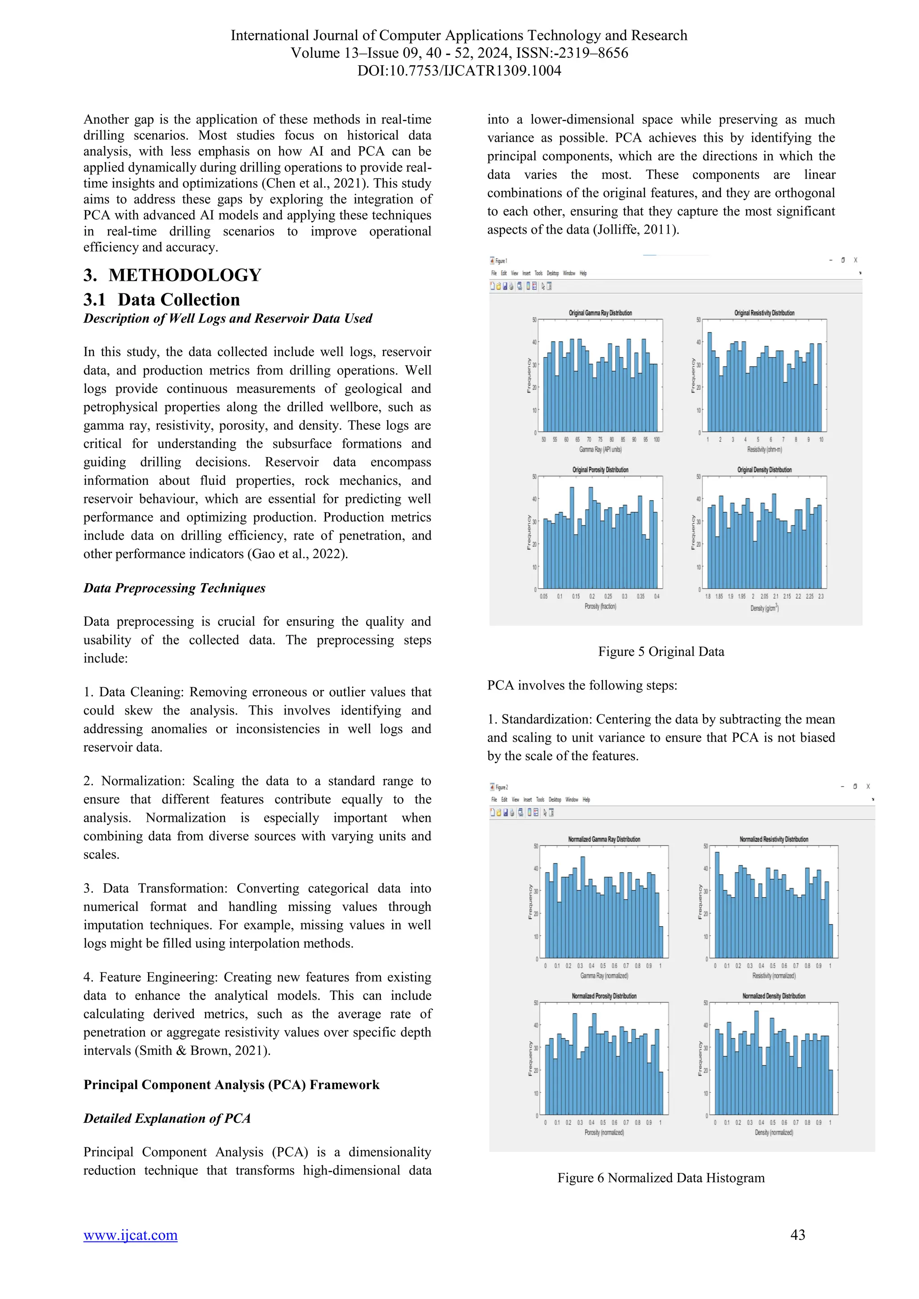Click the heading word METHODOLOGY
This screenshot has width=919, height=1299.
pyautogui.click(x=184, y=275)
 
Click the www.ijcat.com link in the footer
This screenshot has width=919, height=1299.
pyautogui.click(x=130, y=1234)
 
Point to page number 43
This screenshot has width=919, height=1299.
pyautogui.click(x=797, y=1234)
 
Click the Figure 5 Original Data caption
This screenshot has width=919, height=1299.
pyautogui.click(x=661, y=651)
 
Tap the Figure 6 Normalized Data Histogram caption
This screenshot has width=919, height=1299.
pyautogui.click(x=661, y=1177)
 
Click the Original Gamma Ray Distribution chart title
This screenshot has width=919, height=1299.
pyautogui.click(x=600, y=313)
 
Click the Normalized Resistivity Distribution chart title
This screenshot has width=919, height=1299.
pyautogui.click(x=774, y=839)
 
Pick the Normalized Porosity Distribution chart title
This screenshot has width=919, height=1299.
pyautogui.click(x=604, y=996)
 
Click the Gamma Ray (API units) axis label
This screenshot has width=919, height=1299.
pyautogui.click(x=600, y=449)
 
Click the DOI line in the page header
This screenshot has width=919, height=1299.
pyautogui.click(x=459, y=71)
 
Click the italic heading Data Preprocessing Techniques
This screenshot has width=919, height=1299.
pyautogui.click(x=174, y=588)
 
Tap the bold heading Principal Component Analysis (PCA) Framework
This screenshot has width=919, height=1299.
pyautogui.click(x=232, y=1085)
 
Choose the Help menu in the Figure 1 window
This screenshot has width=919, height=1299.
pyautogui.click(x=583, y=273)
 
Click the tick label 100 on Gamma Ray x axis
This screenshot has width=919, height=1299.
pyautogui.click(x=656, y=440)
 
